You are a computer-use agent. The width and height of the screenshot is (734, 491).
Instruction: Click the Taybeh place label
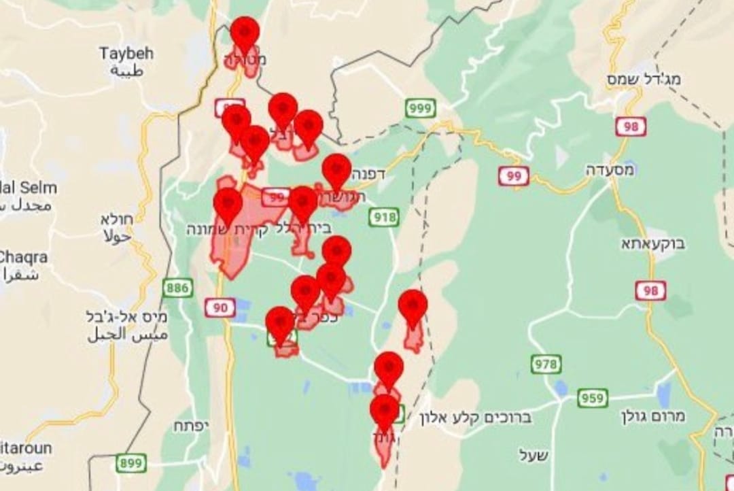pos(126,53)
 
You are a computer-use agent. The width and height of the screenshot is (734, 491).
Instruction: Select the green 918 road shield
pos(384,218)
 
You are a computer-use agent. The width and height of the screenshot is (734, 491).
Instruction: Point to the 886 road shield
pos(177,288)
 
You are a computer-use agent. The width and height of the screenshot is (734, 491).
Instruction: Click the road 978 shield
pos(546,364)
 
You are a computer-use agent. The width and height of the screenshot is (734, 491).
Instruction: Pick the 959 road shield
pos(593,398)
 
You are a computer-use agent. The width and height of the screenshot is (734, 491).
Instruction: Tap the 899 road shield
pos(130,463)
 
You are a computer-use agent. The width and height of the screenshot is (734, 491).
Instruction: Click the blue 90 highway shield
pos(220,308)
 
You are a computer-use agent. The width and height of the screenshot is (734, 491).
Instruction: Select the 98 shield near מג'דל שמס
pos(631,126)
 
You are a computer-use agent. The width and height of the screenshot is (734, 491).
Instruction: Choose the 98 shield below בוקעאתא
pos(650,290)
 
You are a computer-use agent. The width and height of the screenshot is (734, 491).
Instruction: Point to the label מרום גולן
pos(653,415)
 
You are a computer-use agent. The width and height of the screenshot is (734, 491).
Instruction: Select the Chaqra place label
pos(22,257)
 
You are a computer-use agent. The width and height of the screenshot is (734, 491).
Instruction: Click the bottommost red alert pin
pos(384,411)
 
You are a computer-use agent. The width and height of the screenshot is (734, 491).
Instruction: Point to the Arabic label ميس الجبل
pos(127,336)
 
